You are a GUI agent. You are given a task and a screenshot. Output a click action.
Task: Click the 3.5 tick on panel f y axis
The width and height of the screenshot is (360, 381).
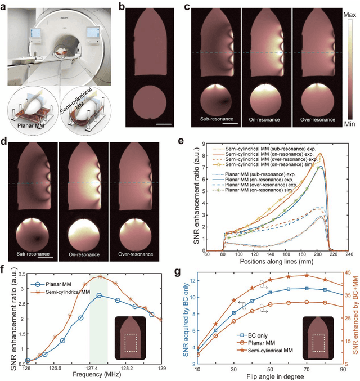[x=16, y=273]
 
